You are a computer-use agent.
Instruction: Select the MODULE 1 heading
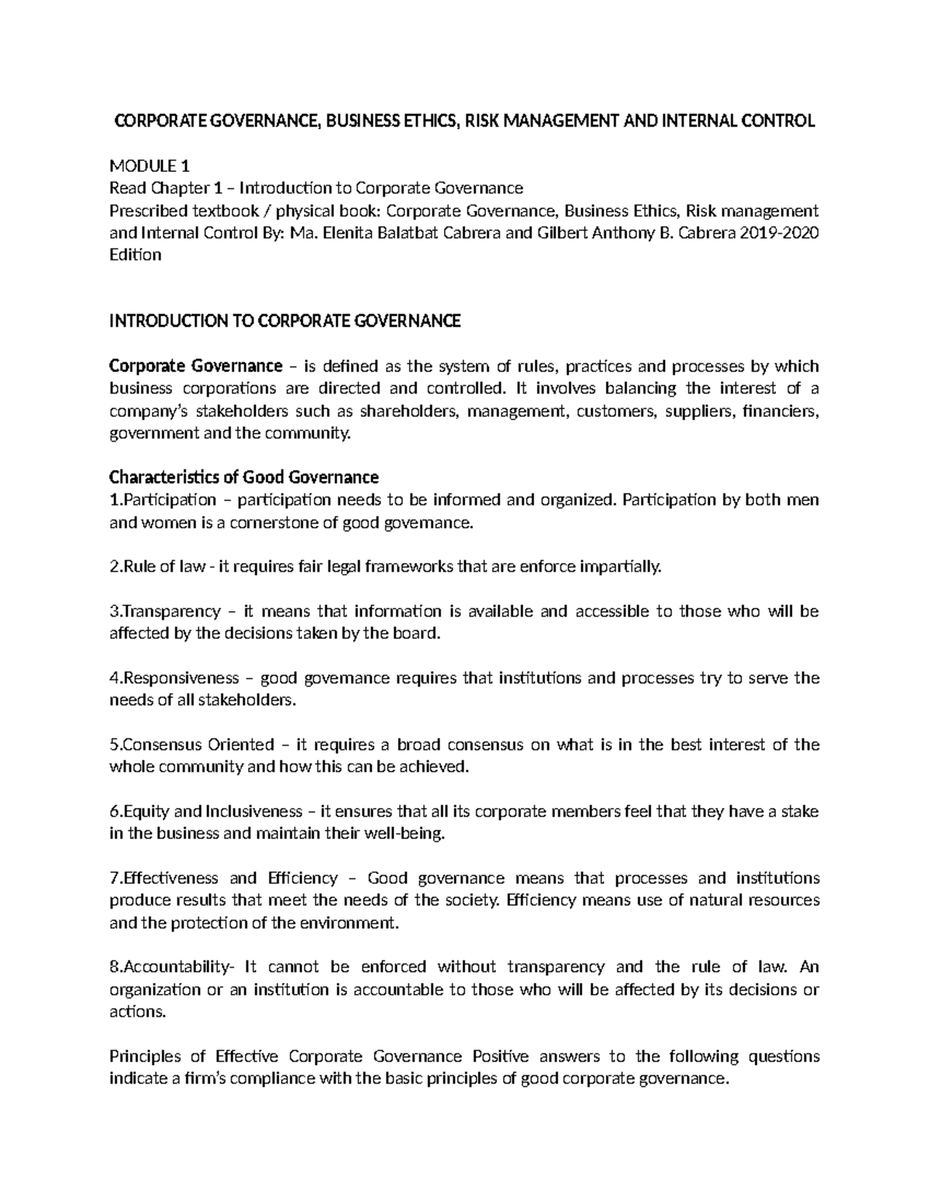click(149, 166)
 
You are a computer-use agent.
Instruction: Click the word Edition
click(135, 255)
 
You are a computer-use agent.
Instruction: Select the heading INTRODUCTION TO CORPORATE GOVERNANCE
click(284, 321)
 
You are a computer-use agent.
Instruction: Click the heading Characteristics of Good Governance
click(243, 476)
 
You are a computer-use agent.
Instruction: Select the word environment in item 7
click(356, 923)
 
